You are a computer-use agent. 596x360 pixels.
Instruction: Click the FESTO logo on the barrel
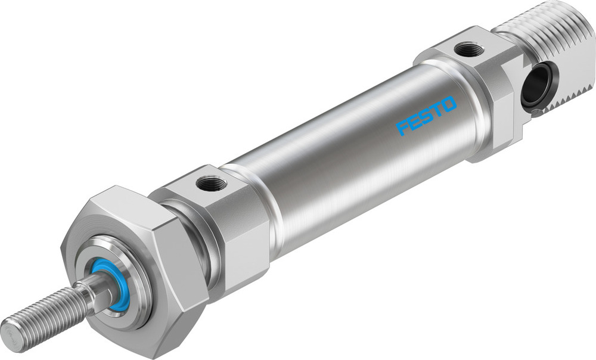point(426,116)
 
